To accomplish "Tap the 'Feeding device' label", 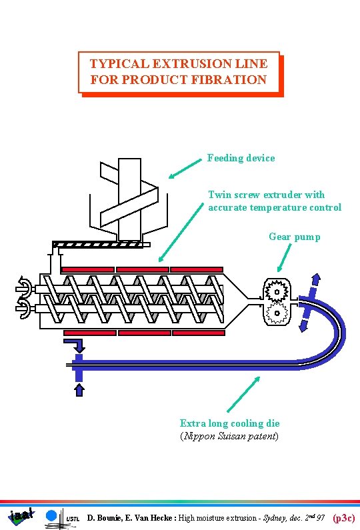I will pyautogui.click(x=241, y=158).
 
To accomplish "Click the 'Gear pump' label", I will pyautogui.click(x=294, y=237).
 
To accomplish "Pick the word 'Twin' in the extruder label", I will pyautogui.click(x=219, y=195).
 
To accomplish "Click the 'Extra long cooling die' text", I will pyautogui.click(x=229, y=423).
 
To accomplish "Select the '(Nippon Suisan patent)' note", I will pyautogui.click(x=229, y=436).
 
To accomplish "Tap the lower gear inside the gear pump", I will pyautogui.click(x=273, y=311).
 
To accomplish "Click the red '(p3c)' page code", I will pyautogui.click(x=344, y=517).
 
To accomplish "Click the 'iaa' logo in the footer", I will pyautogui.click(x=21, y=515).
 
